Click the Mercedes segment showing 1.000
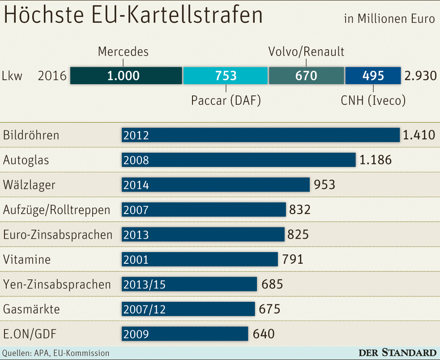[x=126, y=76]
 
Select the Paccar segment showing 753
[x=225, y=76]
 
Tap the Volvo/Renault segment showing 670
[x=306, y=76]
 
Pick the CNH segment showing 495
[x=373, y=76]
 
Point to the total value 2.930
[x=420, y=76]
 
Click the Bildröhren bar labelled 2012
[x=261, y=135]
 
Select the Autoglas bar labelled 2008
[x=239, y=160]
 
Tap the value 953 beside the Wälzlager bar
[x=324, y=185]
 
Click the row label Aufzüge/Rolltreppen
[x=56, y=210]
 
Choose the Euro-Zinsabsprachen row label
[x=58, y=235]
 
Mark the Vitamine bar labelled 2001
[x=200, y=259]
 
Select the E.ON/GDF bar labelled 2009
[x=185, y=334]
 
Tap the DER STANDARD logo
[x=397, y=353]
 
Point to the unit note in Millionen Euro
[x=389, y=19]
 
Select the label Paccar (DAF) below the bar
[x=226, y=100]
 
